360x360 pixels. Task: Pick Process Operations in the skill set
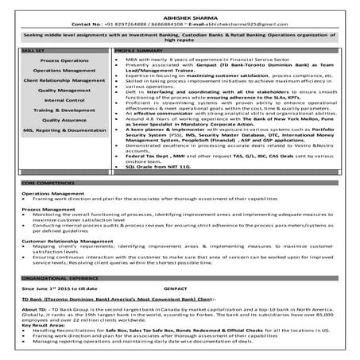tap(64, 61)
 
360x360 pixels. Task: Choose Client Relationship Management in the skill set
tap(64, 80)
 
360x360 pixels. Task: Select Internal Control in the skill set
tap(64, 100)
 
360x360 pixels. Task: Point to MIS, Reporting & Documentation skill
tap(64, 130)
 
